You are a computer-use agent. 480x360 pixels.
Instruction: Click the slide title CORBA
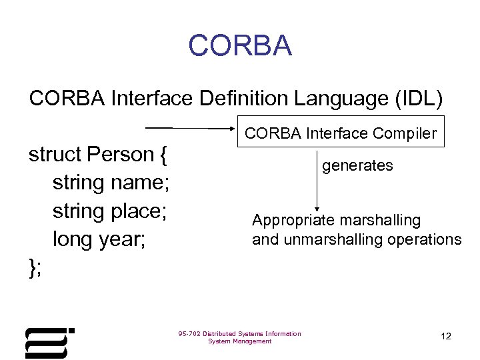click(240, 45)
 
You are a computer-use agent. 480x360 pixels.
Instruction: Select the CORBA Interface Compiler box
click(340, 133)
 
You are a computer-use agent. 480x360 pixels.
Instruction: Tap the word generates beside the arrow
click(358, 165)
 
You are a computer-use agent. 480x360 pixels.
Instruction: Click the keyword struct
click(55, 155)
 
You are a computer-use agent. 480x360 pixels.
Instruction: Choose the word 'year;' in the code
click(121, 240)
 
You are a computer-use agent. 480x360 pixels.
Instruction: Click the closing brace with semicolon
click(35, 268)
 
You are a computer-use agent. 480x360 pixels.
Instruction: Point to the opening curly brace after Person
click(163, 155)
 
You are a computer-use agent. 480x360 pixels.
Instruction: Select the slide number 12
click(446, 337)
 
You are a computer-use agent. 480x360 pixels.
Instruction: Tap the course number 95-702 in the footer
click(189, 333)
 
